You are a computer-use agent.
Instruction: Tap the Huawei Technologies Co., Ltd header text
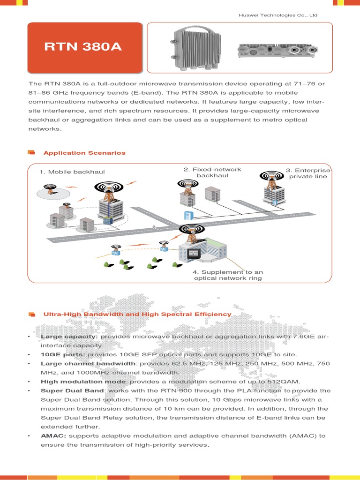click(x=278, y=15)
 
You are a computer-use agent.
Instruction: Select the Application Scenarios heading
click(x=84, y=153)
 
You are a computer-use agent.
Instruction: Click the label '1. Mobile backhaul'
click(x=72, y=172)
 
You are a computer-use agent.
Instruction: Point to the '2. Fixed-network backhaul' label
click(x=212, y=172)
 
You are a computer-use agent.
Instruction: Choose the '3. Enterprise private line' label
click(x=308, y=173)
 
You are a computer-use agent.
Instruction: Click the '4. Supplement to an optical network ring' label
click(x=228, y=275)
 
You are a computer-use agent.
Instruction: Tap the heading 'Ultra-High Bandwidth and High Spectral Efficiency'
click(x=137, y=314)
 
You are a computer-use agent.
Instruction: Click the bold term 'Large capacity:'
click(x=69, y=337)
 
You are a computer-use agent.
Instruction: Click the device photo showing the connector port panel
click(x=278, y=49)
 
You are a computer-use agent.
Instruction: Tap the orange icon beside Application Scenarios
click(x=31, y=152)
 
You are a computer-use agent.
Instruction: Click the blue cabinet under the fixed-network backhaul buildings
click(x=187, y=215)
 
